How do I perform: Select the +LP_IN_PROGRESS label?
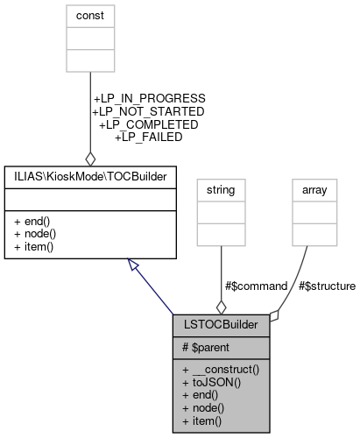pos(149,99)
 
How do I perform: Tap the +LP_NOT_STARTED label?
pos(148,112)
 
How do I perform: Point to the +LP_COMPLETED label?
pos(148,124)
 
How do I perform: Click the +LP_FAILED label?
pos(148,137)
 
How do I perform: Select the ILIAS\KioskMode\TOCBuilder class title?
pos(90,177)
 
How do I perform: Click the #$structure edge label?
pos(327,286)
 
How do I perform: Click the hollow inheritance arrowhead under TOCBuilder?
pos(132,265)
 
